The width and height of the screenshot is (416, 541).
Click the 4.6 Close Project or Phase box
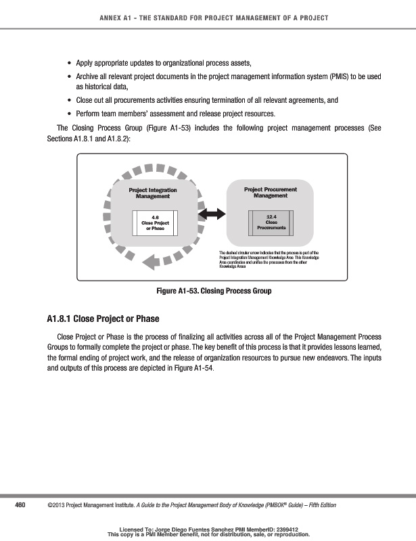click(155, 222)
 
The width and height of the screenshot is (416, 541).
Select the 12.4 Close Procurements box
click(271, 222)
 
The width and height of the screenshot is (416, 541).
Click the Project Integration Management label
click(153, 193)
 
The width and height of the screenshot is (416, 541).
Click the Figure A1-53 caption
click(214, 291)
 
